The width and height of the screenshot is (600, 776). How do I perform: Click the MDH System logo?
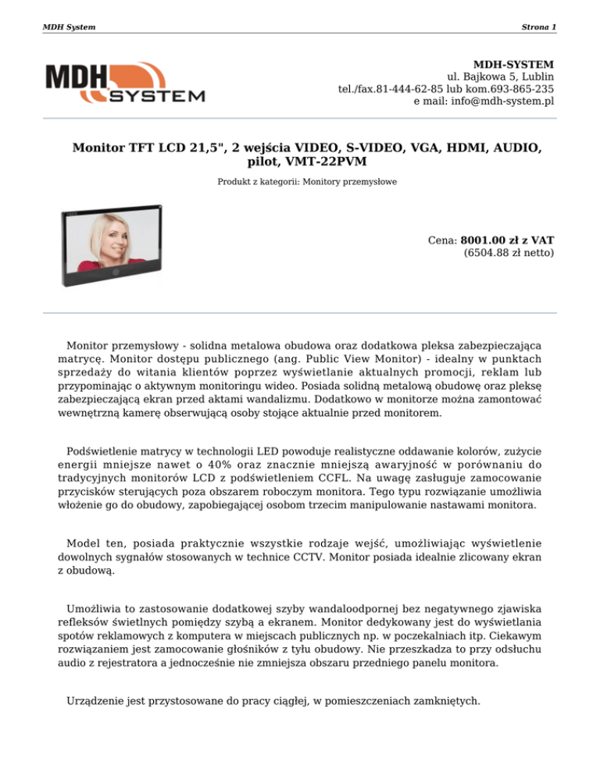click(125, 84)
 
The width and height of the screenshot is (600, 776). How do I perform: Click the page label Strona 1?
click(539, 27)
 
